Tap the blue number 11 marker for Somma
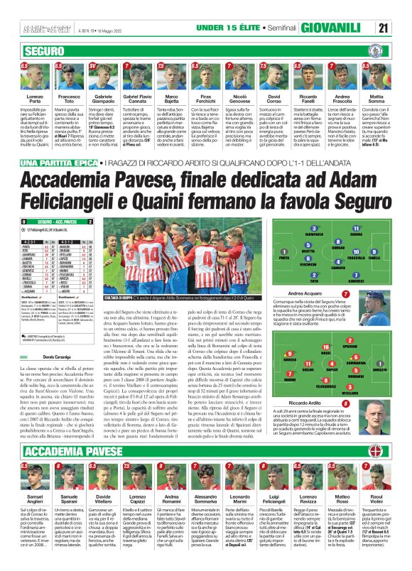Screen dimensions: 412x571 pos(356,228)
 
